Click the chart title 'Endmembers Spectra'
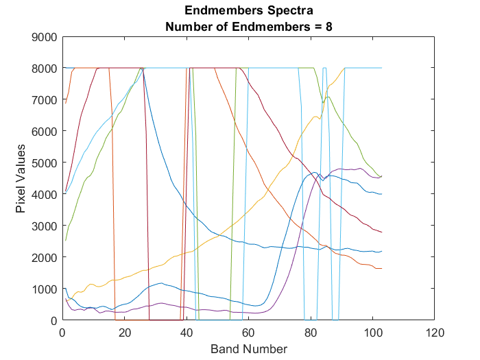coord(248,11)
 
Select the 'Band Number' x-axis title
coord(248,348)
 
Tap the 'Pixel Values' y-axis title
coord(21,178)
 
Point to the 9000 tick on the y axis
coord(45,37)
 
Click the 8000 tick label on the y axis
coord(45,69)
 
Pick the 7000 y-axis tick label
coord(45,100)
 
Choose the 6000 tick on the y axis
coord(45,131)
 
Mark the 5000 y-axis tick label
coord(45,163)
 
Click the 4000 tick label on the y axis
coord(45,194)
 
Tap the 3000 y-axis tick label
coord(45,226)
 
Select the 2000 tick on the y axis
coord(45,257)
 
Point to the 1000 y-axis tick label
coord(45,289)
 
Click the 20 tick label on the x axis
coord(124,332)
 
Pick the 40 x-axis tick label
coord(187,332)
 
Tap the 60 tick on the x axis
coord(248,332)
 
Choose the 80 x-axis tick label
coord(311,332)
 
